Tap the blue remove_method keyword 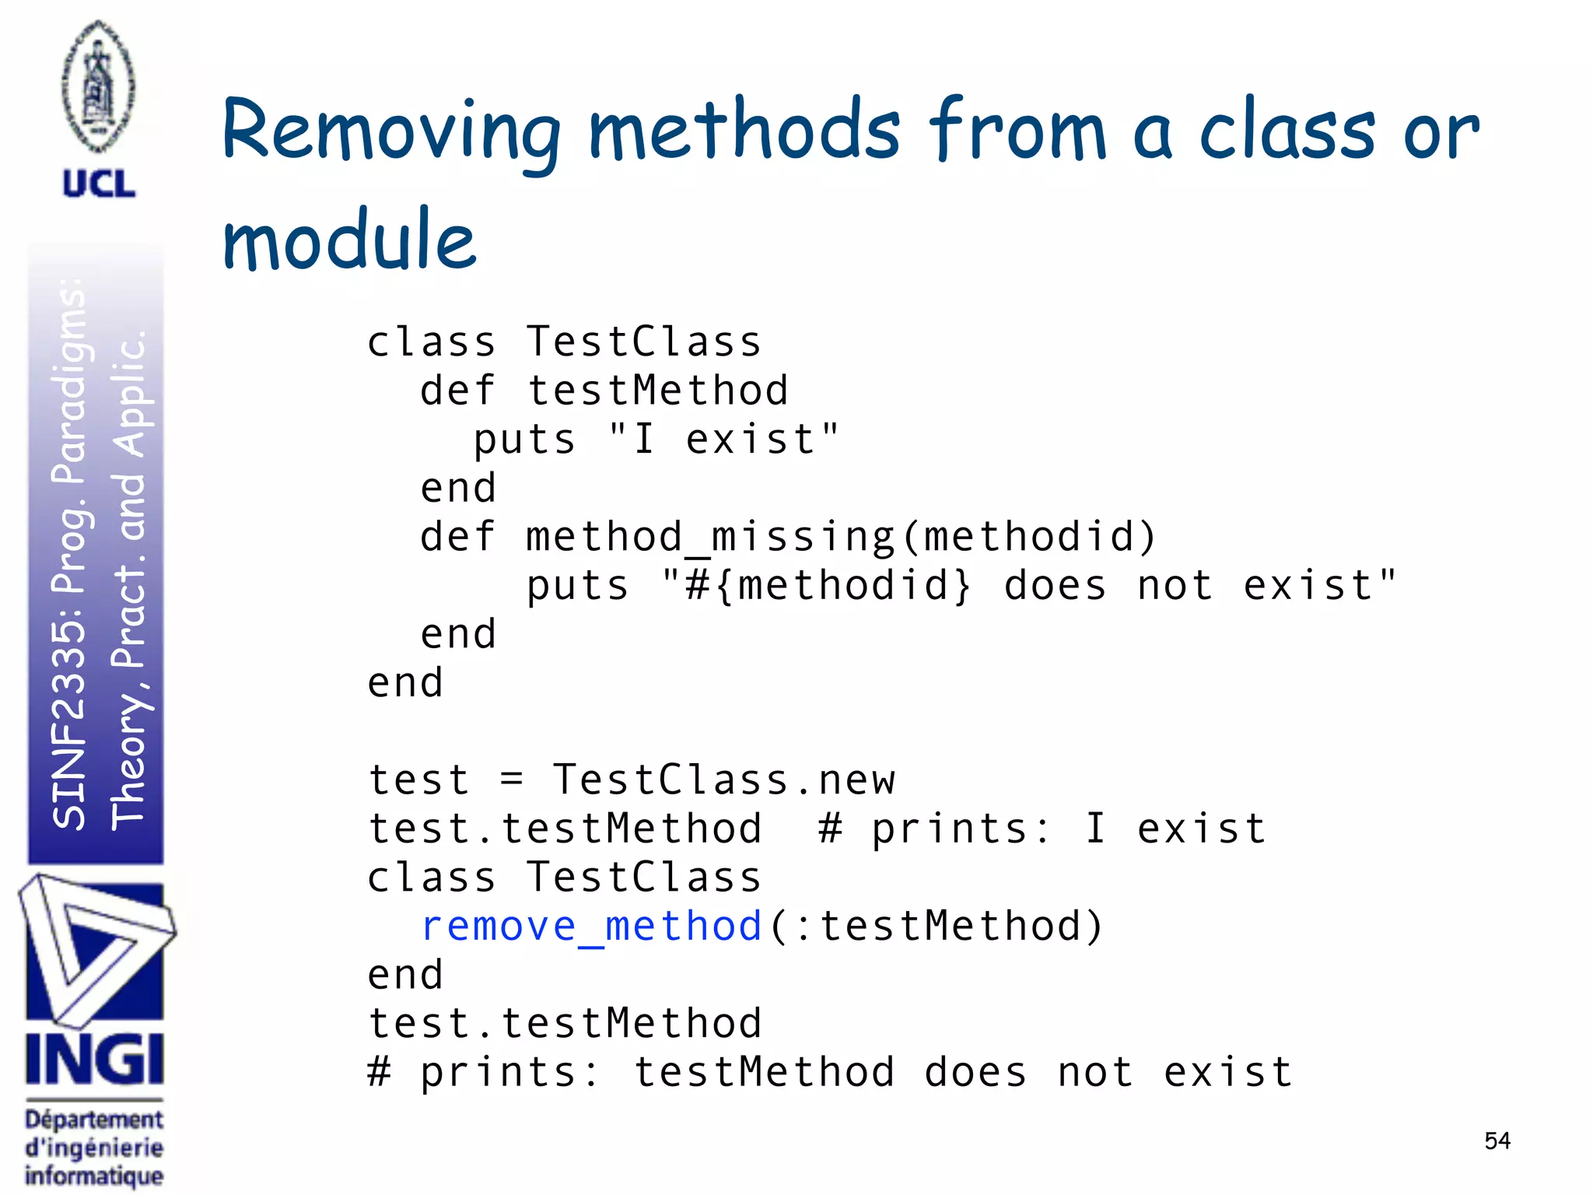coord(591,927)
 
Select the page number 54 coord(1497,1141)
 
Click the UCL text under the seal coord(99,184)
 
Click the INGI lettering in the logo coord(94,1060)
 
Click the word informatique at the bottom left coord(94,1176)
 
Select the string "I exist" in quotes coord(724,439)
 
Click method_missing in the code coord(710,537)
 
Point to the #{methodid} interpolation coord(828,586)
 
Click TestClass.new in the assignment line coord(724,780)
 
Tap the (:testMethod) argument coord(937,927)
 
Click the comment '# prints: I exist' coord(1042,829)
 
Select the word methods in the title coord(744,132)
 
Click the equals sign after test coord(511,780)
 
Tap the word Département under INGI coord(94,1120)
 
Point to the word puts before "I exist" coord(525,440)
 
